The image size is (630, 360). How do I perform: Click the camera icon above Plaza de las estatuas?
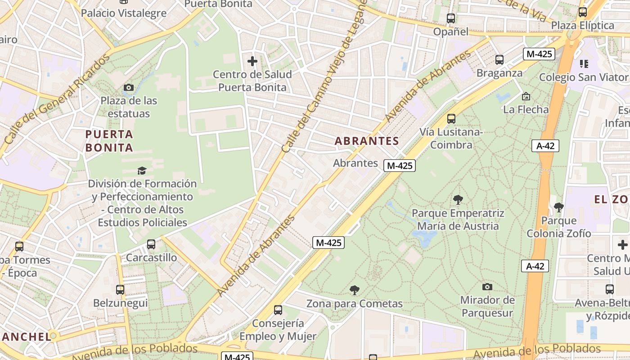129,87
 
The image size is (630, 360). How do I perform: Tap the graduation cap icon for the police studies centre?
142,171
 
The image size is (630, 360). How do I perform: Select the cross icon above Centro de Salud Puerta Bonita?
252,61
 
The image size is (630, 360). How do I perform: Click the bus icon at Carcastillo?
151,244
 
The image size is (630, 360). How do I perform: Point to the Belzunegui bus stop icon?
120,290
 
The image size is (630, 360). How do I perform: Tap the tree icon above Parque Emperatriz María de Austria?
458,199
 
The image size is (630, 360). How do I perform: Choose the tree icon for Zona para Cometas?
355,290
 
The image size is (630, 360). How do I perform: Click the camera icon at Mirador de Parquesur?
487,287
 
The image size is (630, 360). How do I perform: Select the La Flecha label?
526,109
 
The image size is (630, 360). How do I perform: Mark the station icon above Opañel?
451,18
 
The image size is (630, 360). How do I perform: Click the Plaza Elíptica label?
582,25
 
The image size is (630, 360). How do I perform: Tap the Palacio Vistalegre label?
124,13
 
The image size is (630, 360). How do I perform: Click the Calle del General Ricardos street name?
57,99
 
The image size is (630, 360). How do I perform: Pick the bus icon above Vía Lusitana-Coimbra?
451,119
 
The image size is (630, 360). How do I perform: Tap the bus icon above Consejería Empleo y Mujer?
278,310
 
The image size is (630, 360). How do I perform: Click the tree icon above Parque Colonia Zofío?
559,207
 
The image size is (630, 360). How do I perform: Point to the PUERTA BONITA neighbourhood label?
109,141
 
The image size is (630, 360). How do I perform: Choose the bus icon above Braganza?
499,59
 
